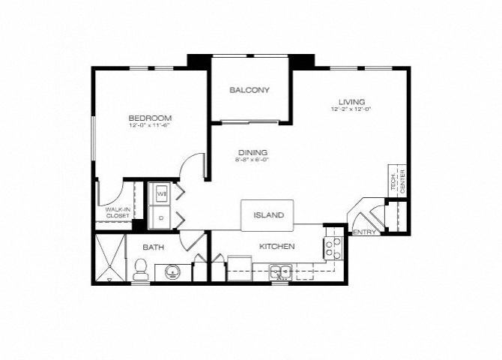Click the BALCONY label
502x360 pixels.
point(250,91)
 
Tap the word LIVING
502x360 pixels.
point(351,101)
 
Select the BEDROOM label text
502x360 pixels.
point(151,118)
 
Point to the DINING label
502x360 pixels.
point(252,152)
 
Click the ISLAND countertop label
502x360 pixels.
point(268,215)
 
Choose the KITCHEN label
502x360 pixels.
point(276,246)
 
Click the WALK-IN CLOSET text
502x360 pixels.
point(118,212)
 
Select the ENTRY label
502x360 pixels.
point(364,232)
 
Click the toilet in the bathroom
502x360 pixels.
point(140,271)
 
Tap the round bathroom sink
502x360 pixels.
point(172,271)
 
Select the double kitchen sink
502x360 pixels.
point(280,271)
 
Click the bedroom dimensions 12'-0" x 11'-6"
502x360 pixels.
point(151,126)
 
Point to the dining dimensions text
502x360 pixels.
point(252,160)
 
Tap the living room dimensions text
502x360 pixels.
point(351,109)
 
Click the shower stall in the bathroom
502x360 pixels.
point(109,259)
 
